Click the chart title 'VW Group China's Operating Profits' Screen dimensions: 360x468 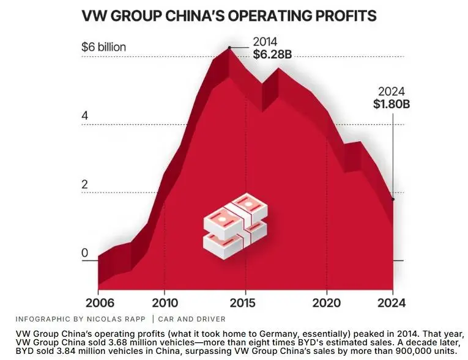click(x=229, y=15)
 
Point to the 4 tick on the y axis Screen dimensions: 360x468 click(x=85, y=116)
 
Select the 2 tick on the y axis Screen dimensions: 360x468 click(x=85, y=185)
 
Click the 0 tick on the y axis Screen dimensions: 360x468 click(x=85, y=253)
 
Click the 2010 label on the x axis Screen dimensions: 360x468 click(x=164, y=303)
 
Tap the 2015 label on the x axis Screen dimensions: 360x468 click(x=245, y=303)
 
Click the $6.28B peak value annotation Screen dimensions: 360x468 click(x=272, y=54)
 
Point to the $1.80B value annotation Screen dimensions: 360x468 click(x=391, y=104)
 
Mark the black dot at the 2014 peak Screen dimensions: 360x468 click(x=229, y=47)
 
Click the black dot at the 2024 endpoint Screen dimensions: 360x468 click(x=393, y=199)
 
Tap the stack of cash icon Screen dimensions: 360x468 click(x=235, y=224)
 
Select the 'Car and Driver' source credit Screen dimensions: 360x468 click(x=191, y=319)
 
